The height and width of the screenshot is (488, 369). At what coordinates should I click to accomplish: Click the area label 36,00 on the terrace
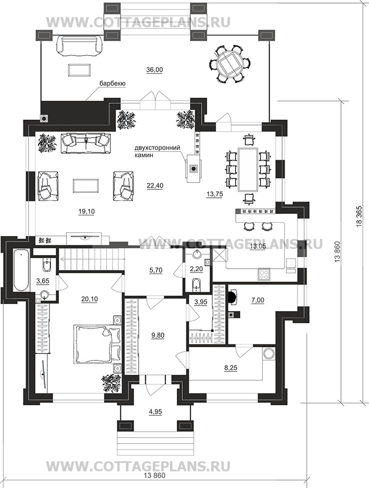point(155,70)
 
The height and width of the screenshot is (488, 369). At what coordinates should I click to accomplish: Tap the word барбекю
point(112,84)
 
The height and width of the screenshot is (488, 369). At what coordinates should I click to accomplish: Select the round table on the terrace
point(230,64)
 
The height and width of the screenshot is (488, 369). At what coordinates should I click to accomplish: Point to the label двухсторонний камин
point(157,151)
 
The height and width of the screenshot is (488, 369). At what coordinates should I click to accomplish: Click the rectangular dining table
point(248,169)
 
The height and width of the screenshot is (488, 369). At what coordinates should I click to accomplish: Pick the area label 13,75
point(214,194)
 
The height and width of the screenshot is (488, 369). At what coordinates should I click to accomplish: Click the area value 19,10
point(86,212)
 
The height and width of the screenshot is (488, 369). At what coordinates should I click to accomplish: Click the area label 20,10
point(89,299)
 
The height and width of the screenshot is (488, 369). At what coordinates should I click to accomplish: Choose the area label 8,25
point(230,368)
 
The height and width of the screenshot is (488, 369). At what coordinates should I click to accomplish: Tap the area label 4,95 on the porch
point(155,412)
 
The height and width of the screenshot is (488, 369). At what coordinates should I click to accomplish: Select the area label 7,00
point(258,301)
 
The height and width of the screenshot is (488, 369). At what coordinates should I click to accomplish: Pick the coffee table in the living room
point(87,185)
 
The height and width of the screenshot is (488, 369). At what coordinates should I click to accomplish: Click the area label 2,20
point(196,269)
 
